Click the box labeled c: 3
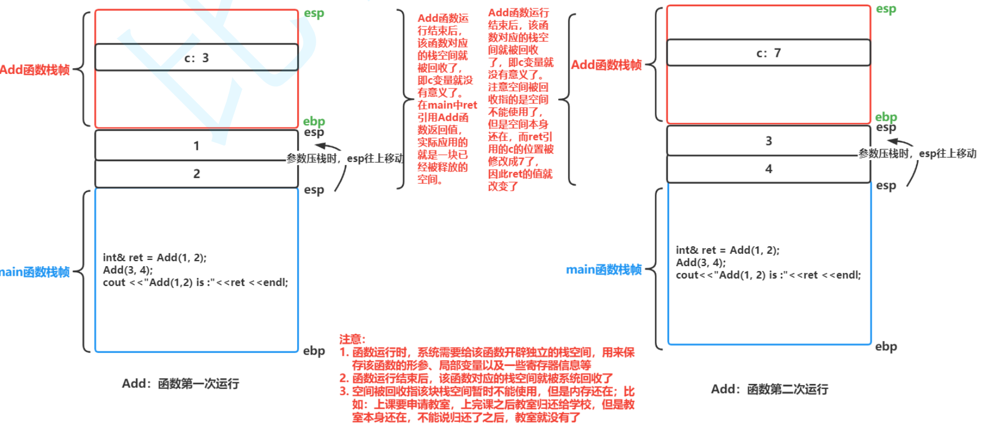(x=196, y=58)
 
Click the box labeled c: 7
(x=768, y=53)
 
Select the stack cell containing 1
(x=196, y=145)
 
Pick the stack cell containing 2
(x=196, y=174)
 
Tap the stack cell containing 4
(x=768, y=169)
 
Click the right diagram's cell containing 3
(x=768, y=141)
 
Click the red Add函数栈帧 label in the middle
(x=606, y=65)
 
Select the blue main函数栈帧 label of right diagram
(x=603, y=269)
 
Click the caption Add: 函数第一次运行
(x=180, y=384)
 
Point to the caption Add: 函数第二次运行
(x=769, y=389)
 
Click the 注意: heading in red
(x=352, y=339)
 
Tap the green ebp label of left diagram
(x=314, y=121)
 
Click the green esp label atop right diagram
(x=886, y=9)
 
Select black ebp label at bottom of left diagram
(x=314, y=351)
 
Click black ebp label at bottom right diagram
(x=886, y=346)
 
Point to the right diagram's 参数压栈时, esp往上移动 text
(x=917, y=153)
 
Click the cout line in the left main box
(x=195, y=282)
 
